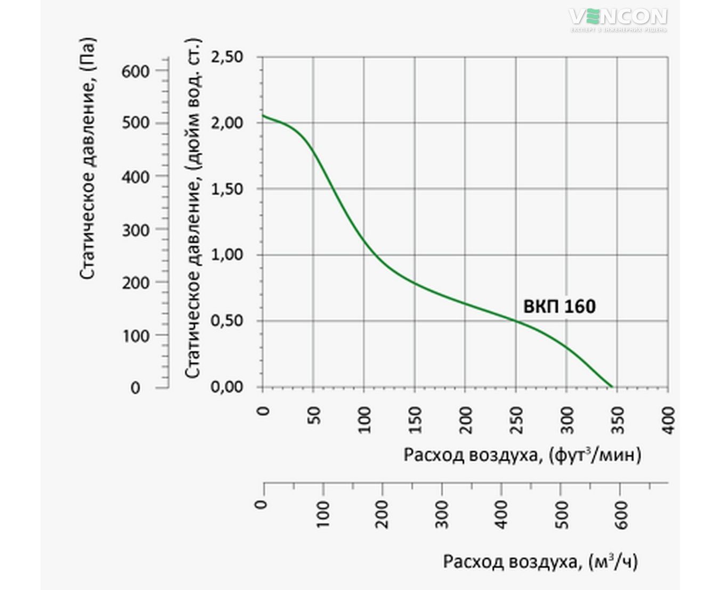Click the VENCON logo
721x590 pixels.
click(618, 18)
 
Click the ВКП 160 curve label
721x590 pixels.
click(559, 306)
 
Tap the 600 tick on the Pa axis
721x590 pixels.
click(135, 71)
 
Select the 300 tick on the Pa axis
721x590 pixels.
click(135, 230)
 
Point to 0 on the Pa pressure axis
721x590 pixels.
click(135, 387)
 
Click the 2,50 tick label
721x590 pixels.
click(226, 56)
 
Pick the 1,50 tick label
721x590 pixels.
click(226, 189)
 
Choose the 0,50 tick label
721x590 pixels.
click(226, 321)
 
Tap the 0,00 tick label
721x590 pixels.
click(226, 387)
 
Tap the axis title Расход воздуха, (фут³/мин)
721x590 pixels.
click(522, 456)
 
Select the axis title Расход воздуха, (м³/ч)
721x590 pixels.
click(540, 562)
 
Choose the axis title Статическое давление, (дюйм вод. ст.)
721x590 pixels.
click(193, 208)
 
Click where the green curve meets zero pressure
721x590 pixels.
click(612, 387)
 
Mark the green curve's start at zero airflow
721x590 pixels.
click(263, 115)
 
